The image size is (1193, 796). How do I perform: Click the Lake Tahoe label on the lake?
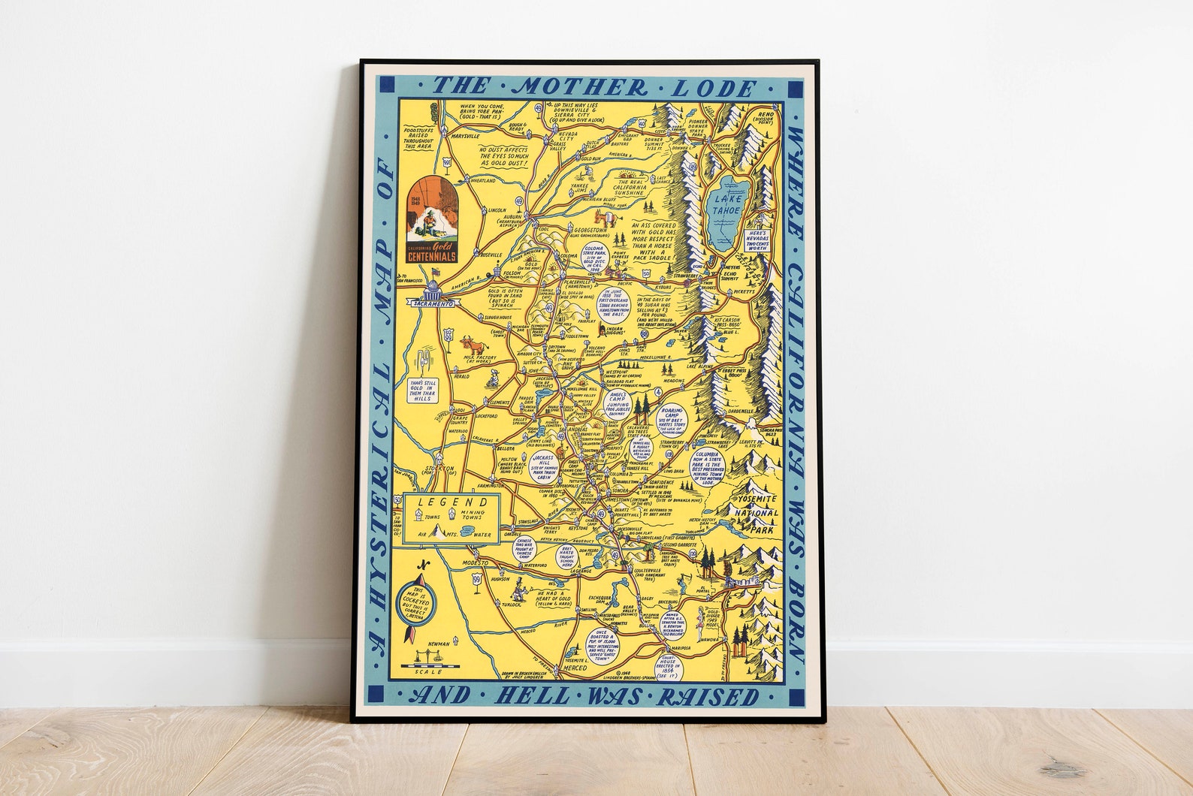coord(726,204)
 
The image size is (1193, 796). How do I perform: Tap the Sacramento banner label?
coord(433,303)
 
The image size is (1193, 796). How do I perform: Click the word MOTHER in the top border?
coord(572,87)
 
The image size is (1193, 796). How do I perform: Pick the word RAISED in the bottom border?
coord(708,696)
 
